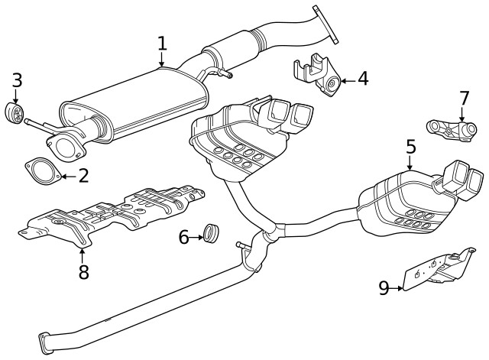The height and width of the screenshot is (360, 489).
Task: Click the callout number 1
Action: pyautogui.click(x=161, y=43)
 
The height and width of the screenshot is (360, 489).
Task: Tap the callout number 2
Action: pyautogui.click(x=83, y=176)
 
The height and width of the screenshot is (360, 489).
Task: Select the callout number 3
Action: pyautogui.click(x=16, y=79)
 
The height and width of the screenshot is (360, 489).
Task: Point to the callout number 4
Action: pyautogui.click(x=361, y=78)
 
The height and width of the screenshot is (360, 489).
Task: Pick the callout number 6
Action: pyautogui.click(x=183, y=238)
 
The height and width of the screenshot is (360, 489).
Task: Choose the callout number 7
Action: pyautogui.click(x=463, y=99)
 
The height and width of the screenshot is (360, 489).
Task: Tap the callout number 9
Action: pyautogui.click(x=384, y=288)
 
